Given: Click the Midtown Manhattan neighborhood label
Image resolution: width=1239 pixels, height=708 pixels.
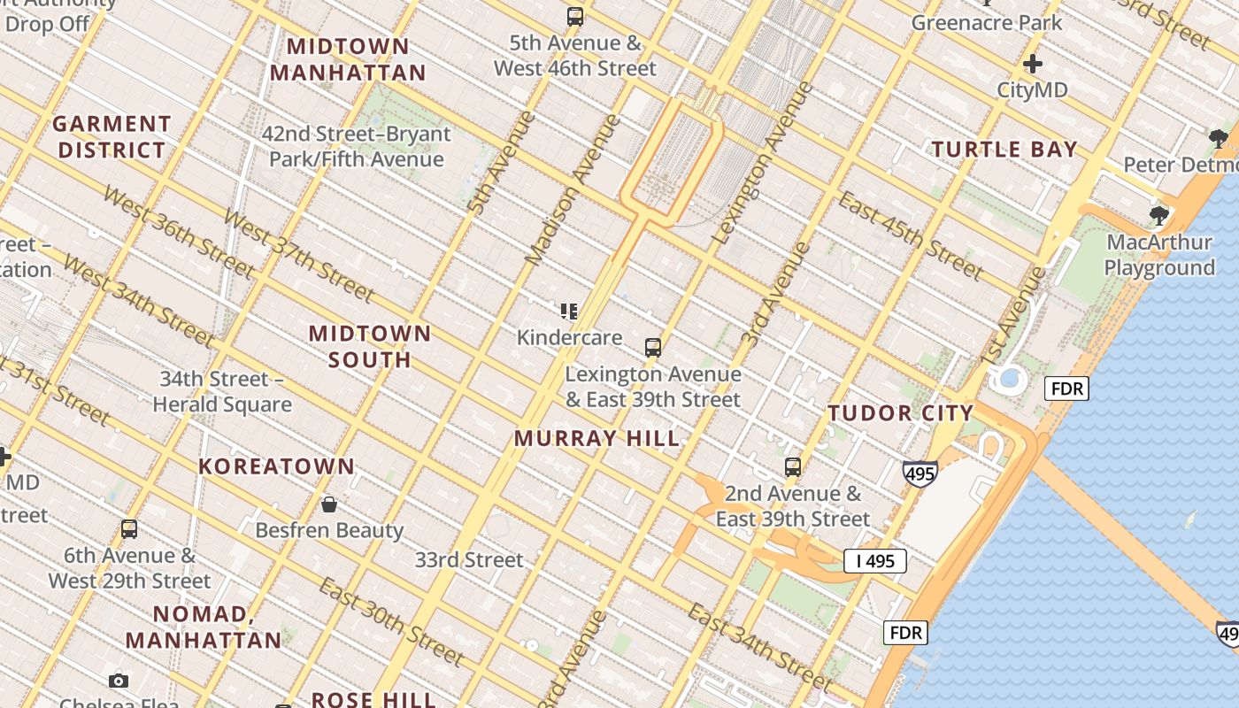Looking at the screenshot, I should [x=348, y=59].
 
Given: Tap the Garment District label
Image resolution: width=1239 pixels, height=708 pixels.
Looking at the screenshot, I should [x=112, y=137].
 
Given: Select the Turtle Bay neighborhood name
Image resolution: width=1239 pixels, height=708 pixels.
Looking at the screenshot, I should [x=1004, y=150].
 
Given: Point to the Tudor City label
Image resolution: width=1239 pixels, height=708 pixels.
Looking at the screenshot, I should [x=901, y=413].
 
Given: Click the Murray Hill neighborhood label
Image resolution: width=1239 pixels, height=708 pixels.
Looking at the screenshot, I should [x=597, y=438].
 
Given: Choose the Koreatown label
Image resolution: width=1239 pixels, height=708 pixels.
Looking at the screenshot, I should [x=276, y=466].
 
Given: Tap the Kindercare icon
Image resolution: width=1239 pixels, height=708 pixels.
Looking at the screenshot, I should [x=569, y=311].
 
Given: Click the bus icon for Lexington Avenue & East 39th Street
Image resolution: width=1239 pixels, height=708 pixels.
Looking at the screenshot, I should [x=653, y=348].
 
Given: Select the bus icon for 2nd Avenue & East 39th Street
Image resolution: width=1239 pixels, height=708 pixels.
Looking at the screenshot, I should [x=793, y=466].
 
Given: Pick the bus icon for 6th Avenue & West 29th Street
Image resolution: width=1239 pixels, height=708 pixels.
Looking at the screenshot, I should [x=129, y=529].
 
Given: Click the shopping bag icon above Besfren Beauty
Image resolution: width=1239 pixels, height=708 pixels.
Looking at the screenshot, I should [x=329, y=504].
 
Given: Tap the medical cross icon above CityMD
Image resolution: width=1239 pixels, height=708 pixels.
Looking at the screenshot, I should [x=1032, y=64].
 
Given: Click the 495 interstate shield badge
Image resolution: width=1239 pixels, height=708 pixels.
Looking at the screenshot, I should [x=920, y=473].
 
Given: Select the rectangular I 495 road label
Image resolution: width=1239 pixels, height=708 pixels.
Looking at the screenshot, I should [x=874, y=560].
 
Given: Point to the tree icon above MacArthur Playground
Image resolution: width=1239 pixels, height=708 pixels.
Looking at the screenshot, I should [x=1158, y=215].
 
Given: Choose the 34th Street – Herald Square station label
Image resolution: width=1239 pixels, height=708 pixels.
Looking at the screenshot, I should [x=222, y=392].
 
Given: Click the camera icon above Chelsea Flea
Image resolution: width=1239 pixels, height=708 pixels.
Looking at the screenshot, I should [x=119, y=681].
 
